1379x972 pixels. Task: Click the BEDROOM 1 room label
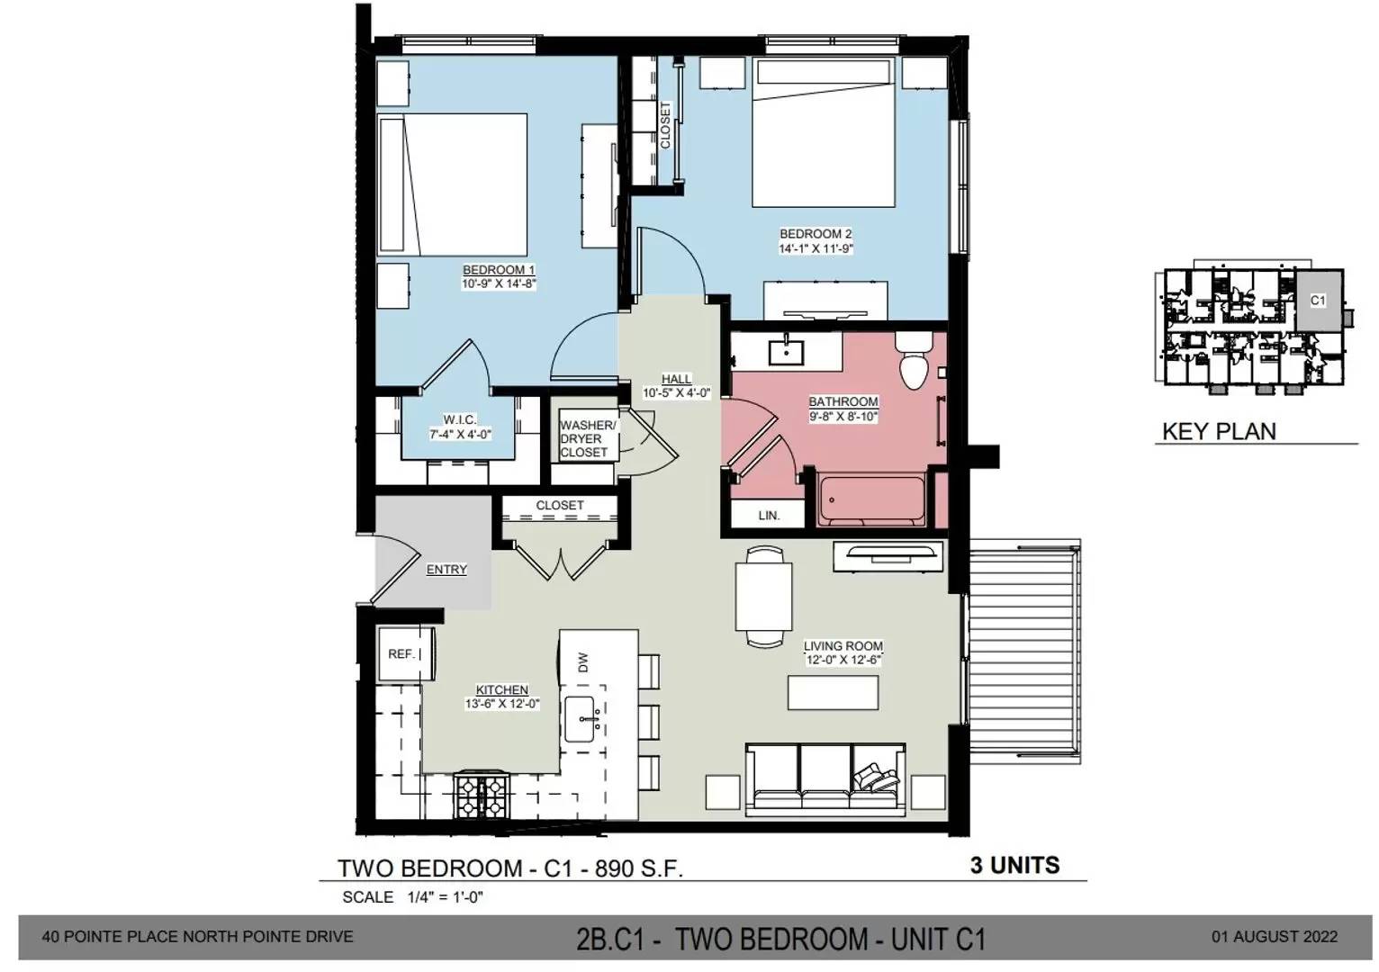499,270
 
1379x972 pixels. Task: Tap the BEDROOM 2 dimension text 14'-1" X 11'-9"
816,248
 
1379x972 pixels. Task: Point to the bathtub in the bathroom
871,499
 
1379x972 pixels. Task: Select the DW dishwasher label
583,662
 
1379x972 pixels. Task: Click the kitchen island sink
580,719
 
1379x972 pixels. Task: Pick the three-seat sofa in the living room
825,779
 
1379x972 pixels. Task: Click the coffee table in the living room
833,692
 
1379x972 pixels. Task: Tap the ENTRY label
446,570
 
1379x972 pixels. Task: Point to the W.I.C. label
460,419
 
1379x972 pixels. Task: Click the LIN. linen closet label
769,516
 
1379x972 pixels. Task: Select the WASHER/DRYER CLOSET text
587,439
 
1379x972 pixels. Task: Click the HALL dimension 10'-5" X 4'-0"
677,393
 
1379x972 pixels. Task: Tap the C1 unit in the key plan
1318,301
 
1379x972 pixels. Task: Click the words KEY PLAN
1219,431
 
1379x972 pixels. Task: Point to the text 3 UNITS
1015,866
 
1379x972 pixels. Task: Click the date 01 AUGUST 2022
1275,937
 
